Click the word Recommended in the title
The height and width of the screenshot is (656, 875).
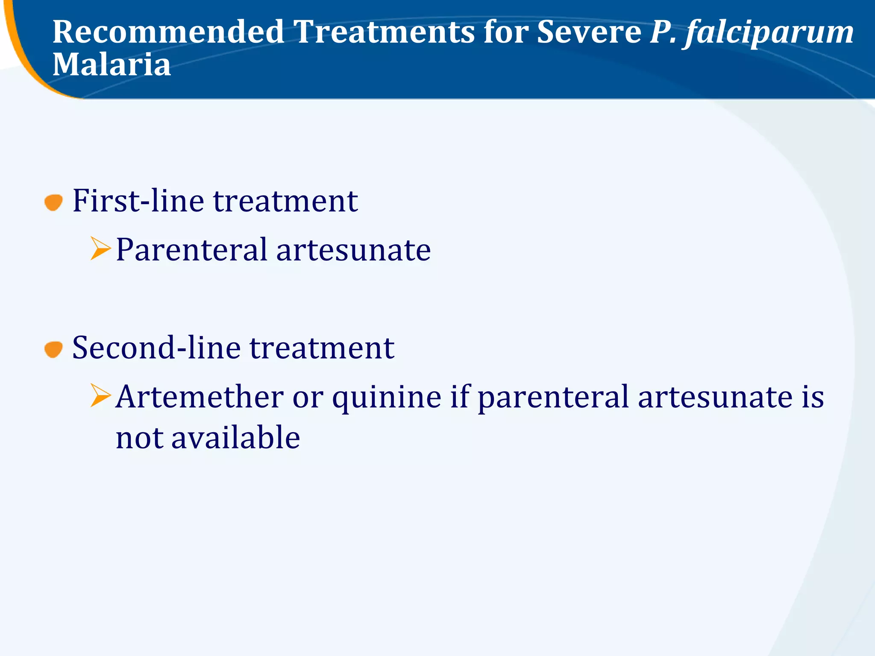[168, 32]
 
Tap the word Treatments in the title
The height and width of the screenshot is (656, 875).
[384, 32]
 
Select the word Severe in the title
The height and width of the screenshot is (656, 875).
[589, 32]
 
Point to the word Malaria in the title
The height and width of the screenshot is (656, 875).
[112, 65]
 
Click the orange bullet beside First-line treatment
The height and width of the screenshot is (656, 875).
[53, 202]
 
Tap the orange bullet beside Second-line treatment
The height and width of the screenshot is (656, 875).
[53, 349]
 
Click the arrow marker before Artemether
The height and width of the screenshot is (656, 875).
[100, 395]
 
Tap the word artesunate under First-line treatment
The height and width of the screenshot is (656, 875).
[353, 250]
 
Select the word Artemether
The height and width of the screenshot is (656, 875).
[200, 397]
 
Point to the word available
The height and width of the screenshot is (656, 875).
[235, 438]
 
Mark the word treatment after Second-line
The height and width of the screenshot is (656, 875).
[322, 348]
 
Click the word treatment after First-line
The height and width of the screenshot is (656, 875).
[285, 201]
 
